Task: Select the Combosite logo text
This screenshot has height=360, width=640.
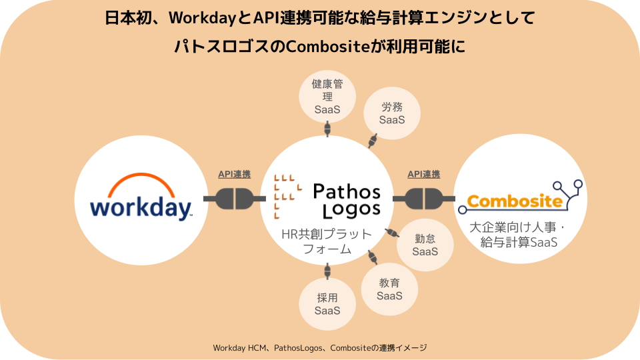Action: (515, 201)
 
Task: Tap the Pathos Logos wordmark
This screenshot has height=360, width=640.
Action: (347, 201)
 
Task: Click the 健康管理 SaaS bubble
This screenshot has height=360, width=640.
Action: (327, 96)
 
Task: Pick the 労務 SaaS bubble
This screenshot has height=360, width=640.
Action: (392, 113)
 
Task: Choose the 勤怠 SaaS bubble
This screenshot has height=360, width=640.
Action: (425, 245)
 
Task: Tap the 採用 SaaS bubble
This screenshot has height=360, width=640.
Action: (327, 304)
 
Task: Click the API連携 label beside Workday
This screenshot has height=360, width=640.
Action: (234, 175)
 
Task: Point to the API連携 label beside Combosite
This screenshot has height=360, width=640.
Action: (423, 175)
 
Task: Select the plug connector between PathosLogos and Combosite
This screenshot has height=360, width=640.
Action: (424, 198)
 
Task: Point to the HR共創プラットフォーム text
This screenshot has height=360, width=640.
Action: (327, 242)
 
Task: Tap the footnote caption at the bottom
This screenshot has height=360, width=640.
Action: (320, 348)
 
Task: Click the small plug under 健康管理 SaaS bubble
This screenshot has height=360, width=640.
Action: (327, 128)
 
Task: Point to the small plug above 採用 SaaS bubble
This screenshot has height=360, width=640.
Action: (327, 271)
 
